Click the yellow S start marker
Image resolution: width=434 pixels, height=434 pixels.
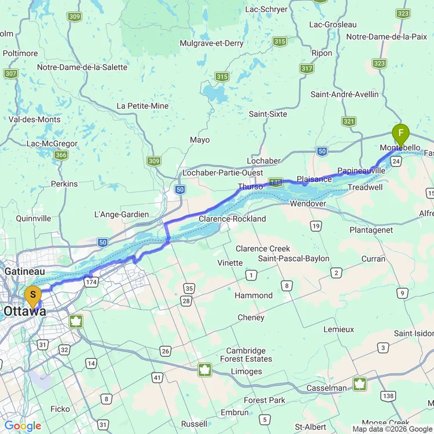point(33,297)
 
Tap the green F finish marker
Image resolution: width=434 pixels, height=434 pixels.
point(400,135)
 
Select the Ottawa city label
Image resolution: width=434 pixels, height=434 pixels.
point(25,311)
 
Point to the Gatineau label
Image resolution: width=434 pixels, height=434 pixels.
point(24,271)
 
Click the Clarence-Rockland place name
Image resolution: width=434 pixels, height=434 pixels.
point(232,219)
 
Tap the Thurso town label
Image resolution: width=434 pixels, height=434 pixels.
point(250,187)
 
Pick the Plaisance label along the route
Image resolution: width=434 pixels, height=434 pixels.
point(314,179)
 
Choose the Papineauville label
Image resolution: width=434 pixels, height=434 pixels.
point(361,171)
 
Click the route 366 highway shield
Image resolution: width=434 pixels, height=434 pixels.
point(61,155)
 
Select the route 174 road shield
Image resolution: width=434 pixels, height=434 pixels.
point(91,282)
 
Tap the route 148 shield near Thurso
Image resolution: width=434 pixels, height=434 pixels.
point(275,182)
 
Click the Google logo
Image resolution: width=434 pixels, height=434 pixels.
point(23,426)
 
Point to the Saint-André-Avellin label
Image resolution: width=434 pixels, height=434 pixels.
point(345,94)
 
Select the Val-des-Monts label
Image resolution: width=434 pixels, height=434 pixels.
point(35,119)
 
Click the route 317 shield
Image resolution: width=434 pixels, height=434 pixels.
point(307,68)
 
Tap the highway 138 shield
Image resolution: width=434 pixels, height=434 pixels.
point(388,396)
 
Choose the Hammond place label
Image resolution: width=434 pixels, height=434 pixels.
point(253,295)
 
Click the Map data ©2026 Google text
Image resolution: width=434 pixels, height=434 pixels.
point(392,429)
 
